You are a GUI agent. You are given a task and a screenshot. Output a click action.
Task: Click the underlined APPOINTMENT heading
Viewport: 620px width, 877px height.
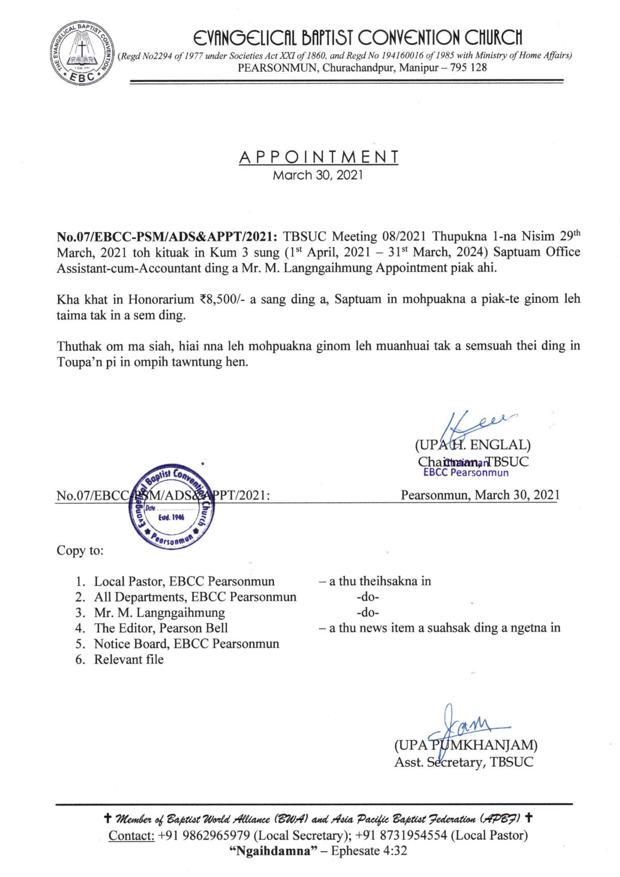pos(318,157)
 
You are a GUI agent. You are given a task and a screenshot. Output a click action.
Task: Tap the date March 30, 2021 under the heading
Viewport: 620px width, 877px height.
pos(318,175)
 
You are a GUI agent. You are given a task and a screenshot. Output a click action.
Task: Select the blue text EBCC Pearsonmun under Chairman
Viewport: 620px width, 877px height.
pos(466,473)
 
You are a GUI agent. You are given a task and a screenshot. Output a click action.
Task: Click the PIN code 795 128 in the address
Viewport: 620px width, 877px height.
pos(468,68)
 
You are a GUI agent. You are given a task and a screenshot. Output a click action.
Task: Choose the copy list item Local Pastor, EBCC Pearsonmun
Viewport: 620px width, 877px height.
pos(184,581)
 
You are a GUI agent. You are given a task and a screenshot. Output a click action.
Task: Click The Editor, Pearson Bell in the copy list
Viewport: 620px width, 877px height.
pos(161,628)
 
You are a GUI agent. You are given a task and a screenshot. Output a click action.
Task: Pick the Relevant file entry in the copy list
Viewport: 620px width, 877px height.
pos(129,660)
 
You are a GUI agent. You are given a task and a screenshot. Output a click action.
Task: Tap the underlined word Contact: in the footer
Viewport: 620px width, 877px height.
pos(131,836)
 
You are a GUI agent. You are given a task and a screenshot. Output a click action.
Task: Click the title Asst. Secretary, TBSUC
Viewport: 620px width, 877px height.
pos(463,762)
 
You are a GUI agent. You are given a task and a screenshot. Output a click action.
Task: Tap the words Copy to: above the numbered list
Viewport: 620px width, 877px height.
pos(80,551)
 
